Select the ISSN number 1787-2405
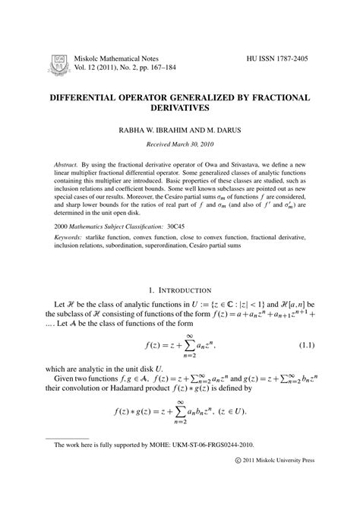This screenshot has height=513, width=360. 294,58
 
